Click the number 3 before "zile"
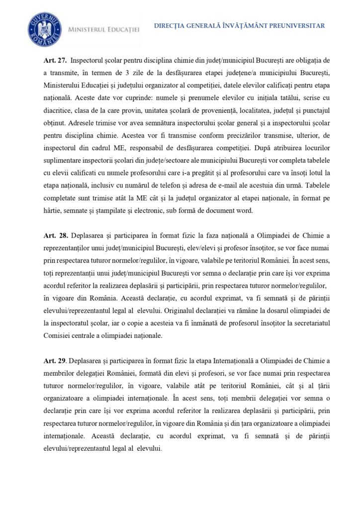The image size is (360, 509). (122, 73)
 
